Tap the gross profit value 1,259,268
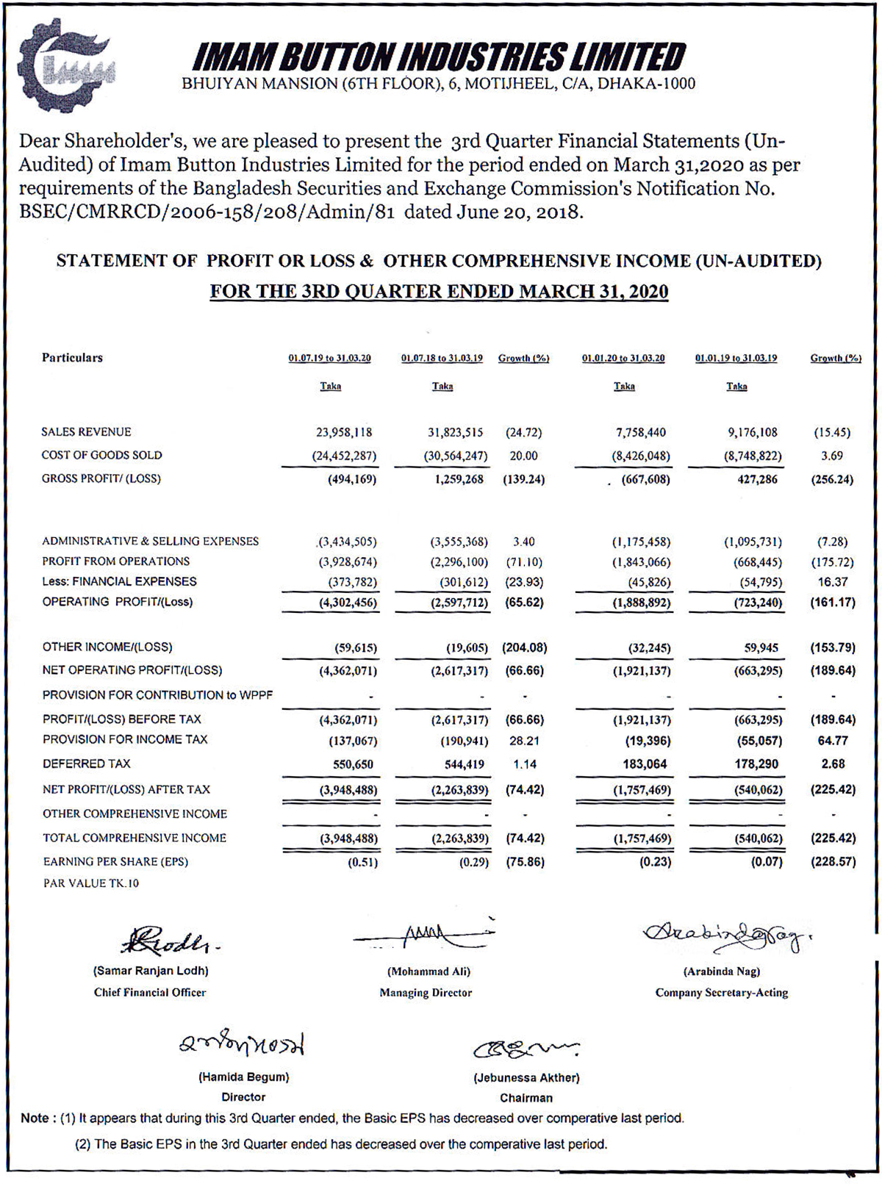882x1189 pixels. pos(459,480)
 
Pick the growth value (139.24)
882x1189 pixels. pos(523,480)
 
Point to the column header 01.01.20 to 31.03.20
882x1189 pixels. pos(623,359)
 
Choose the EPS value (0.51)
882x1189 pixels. pos(362,862)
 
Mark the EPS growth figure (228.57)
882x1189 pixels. pos(833,862)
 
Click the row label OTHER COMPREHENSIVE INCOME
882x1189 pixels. pos(135,814)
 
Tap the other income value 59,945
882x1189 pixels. pos(758,648)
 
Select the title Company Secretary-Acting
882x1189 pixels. pos(721,993)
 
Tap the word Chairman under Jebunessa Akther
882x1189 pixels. pos(526,1098)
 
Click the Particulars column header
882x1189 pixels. pos(72,358)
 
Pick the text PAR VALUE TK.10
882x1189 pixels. pos(90,883)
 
